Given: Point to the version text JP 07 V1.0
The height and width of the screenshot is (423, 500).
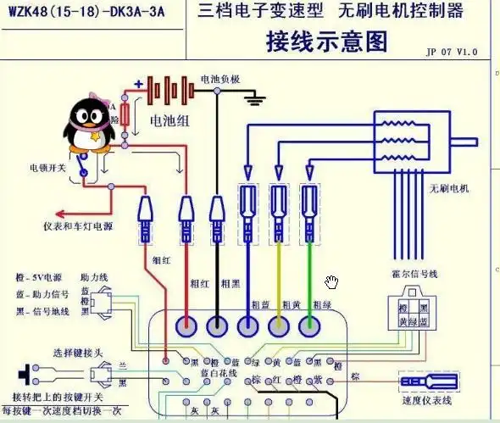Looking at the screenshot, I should [452, 52].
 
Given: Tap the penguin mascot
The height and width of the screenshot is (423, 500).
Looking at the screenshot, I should [86, 123].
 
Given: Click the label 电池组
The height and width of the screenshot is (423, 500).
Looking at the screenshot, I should [169, 120].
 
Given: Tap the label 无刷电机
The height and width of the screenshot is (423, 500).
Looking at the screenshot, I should [449, 187].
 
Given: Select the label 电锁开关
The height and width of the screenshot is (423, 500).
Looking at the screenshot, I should [47, 168].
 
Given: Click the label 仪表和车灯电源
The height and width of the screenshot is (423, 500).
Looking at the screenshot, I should [78, 227].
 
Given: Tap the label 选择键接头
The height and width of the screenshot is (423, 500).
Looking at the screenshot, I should [79, 353].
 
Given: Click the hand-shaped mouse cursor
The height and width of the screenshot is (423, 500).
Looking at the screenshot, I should [331, 281].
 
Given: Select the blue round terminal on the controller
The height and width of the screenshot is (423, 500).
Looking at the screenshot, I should [248, 325].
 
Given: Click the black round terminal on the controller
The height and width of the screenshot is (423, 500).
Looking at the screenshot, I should [218, 325].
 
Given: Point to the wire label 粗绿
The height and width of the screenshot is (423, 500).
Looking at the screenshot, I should [321, 304].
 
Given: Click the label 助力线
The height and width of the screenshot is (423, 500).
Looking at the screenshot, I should [92, 277].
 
